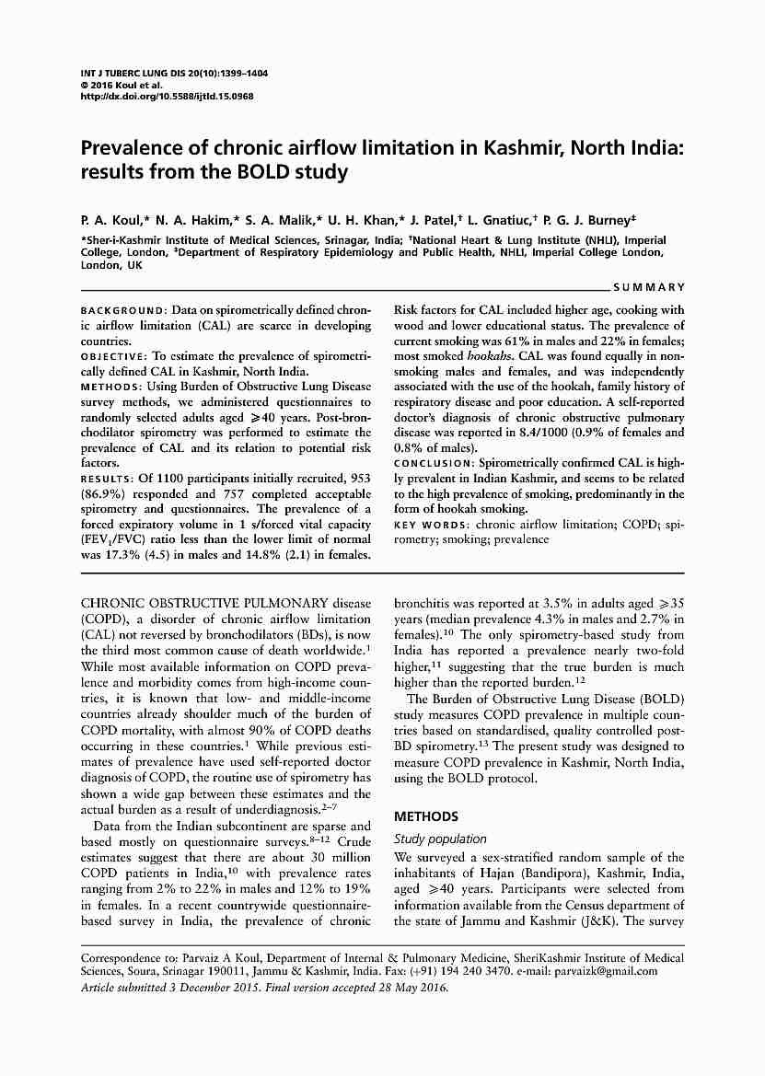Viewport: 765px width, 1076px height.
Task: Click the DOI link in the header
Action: (x=167, y=96)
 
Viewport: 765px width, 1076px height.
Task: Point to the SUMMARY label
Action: (x=653, y=288)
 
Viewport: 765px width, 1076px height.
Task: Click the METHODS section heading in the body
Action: (x=425, y=816)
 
